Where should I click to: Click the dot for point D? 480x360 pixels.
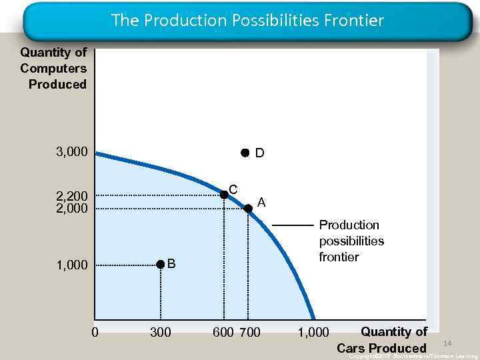click(x=245, y=153)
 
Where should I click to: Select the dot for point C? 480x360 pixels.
click(x=224, y=195)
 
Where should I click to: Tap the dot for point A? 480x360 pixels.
click(x=248, y=209)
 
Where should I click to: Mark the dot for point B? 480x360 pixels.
click(x=160, y=265)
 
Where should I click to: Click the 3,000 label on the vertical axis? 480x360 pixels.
click(x=71, y=153)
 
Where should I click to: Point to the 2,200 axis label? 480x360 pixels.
click(x=71, y=197)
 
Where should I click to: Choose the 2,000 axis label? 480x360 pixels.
click(x=71, y=209)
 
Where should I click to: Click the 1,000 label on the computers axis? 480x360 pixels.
click(x=71, y=265)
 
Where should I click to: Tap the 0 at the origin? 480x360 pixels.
click(x=95, y=332)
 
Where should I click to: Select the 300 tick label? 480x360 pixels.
click(x=160, y=332)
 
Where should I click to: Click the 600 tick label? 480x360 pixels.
click(x=223, y=332)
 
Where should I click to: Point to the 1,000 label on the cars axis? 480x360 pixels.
click(x=313, y=332)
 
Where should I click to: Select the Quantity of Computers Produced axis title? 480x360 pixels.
click(x=54, y=68)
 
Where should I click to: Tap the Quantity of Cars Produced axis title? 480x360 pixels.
click(x=383, y=340)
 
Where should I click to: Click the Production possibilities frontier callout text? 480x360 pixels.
click(x=351, y=241)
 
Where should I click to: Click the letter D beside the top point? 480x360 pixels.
click(x=260, y=153)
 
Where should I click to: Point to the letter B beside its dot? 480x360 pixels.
click(x=171, y=263)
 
